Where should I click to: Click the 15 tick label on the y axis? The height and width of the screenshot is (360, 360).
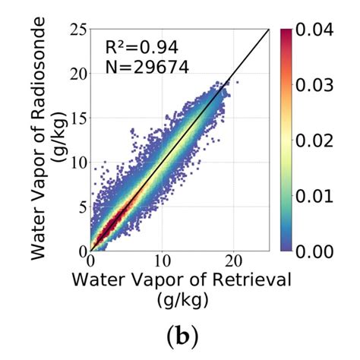pos(75,119)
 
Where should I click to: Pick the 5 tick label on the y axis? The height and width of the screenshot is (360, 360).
pos(80,207)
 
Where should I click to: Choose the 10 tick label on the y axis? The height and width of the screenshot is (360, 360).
pos(75,163)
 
